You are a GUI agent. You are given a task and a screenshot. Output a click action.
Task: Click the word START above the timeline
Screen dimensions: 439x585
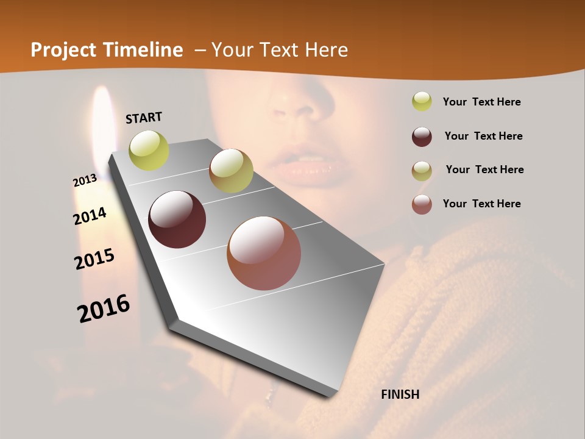pos(144,118)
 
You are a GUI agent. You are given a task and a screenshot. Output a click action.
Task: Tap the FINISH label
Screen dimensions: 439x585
pos(400,394)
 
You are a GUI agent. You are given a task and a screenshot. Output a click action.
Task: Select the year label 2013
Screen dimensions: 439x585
pos(85,180)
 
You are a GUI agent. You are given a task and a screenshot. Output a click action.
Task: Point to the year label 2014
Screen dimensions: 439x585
pos(90,216)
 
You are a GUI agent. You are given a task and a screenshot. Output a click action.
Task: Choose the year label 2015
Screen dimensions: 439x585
pos(94,259)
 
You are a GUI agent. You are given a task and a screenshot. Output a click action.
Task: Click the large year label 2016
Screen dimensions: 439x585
pos(104,308)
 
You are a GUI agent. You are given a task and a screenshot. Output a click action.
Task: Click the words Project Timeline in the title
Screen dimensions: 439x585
pos(107,50)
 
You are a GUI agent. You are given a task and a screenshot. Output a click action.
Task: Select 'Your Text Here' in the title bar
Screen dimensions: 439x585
pos(280,50)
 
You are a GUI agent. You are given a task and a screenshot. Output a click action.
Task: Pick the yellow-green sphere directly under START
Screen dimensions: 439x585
pos(149,151)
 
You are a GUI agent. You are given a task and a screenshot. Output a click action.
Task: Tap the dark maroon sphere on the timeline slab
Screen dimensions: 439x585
pos(177,220)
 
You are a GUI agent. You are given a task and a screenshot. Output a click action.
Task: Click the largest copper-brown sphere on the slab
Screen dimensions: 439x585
pos(264,253)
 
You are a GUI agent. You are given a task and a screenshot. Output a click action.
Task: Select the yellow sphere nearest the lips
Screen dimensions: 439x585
pos(231,171)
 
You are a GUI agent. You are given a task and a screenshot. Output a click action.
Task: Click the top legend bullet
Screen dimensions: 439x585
pos(422,102)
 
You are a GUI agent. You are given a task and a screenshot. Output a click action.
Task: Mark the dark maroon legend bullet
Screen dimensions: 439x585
pos(422,137)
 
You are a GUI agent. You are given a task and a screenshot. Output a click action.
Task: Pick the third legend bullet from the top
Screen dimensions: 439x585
pos(422,170)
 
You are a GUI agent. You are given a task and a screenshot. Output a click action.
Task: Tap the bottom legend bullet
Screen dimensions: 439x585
pos(422,204)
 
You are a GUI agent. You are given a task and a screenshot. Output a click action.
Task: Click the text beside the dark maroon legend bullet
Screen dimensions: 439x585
pos(483,136)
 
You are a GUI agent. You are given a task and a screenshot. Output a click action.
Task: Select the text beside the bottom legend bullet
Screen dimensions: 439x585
pos(481,204)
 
